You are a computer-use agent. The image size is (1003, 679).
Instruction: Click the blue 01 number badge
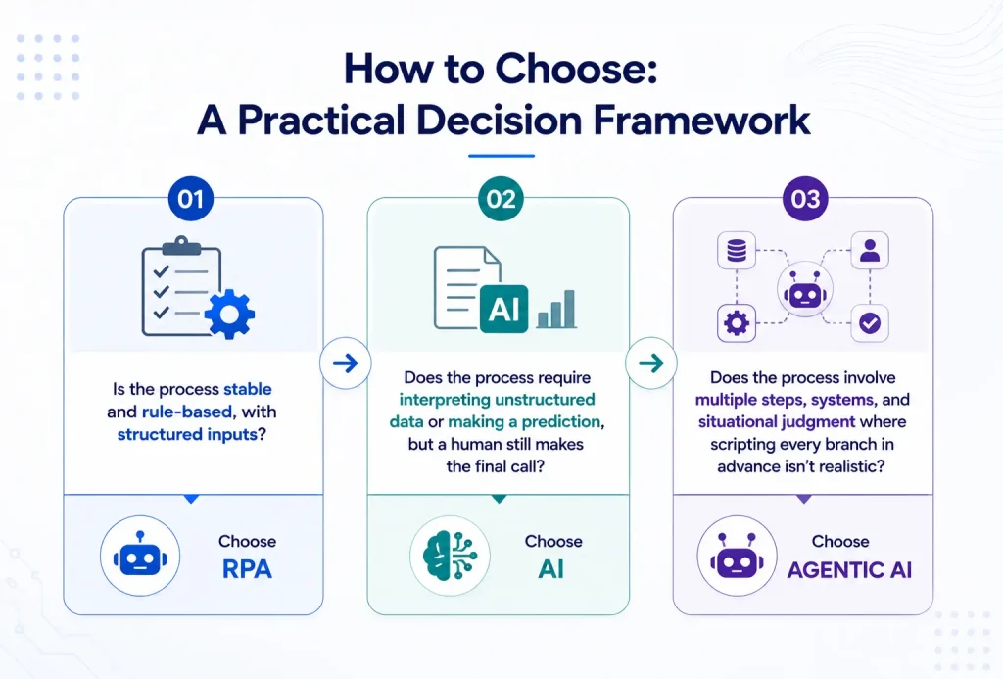(191, 199)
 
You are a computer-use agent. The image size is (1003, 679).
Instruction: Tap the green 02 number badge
(501, 199)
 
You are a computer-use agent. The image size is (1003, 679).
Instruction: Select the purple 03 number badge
(805, 199)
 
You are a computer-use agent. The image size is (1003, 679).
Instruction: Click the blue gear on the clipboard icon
(229, 314)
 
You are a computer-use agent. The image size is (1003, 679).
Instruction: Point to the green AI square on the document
(504, 309)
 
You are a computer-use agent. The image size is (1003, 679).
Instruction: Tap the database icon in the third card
(737, 250)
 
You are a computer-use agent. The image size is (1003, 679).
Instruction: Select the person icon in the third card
(870, 250)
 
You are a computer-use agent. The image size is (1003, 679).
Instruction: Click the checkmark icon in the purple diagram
(870, 323)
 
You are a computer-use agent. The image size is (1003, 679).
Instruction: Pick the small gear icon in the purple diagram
(737, 323)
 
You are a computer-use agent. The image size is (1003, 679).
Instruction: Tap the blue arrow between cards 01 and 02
(346, 364)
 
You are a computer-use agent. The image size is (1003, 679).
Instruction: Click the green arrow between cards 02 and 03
(651, 364)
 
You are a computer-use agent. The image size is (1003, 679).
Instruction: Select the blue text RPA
(247, 569)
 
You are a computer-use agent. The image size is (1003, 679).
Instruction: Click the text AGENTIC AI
(849, 569)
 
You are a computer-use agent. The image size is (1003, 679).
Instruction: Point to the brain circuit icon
(451, 557)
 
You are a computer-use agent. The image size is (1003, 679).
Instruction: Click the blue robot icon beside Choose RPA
(140, 556)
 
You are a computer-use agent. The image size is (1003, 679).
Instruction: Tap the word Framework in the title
(701, 120)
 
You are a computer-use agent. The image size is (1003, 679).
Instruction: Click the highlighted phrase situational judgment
(777, 421)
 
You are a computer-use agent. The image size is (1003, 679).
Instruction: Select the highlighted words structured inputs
(187, 434)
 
